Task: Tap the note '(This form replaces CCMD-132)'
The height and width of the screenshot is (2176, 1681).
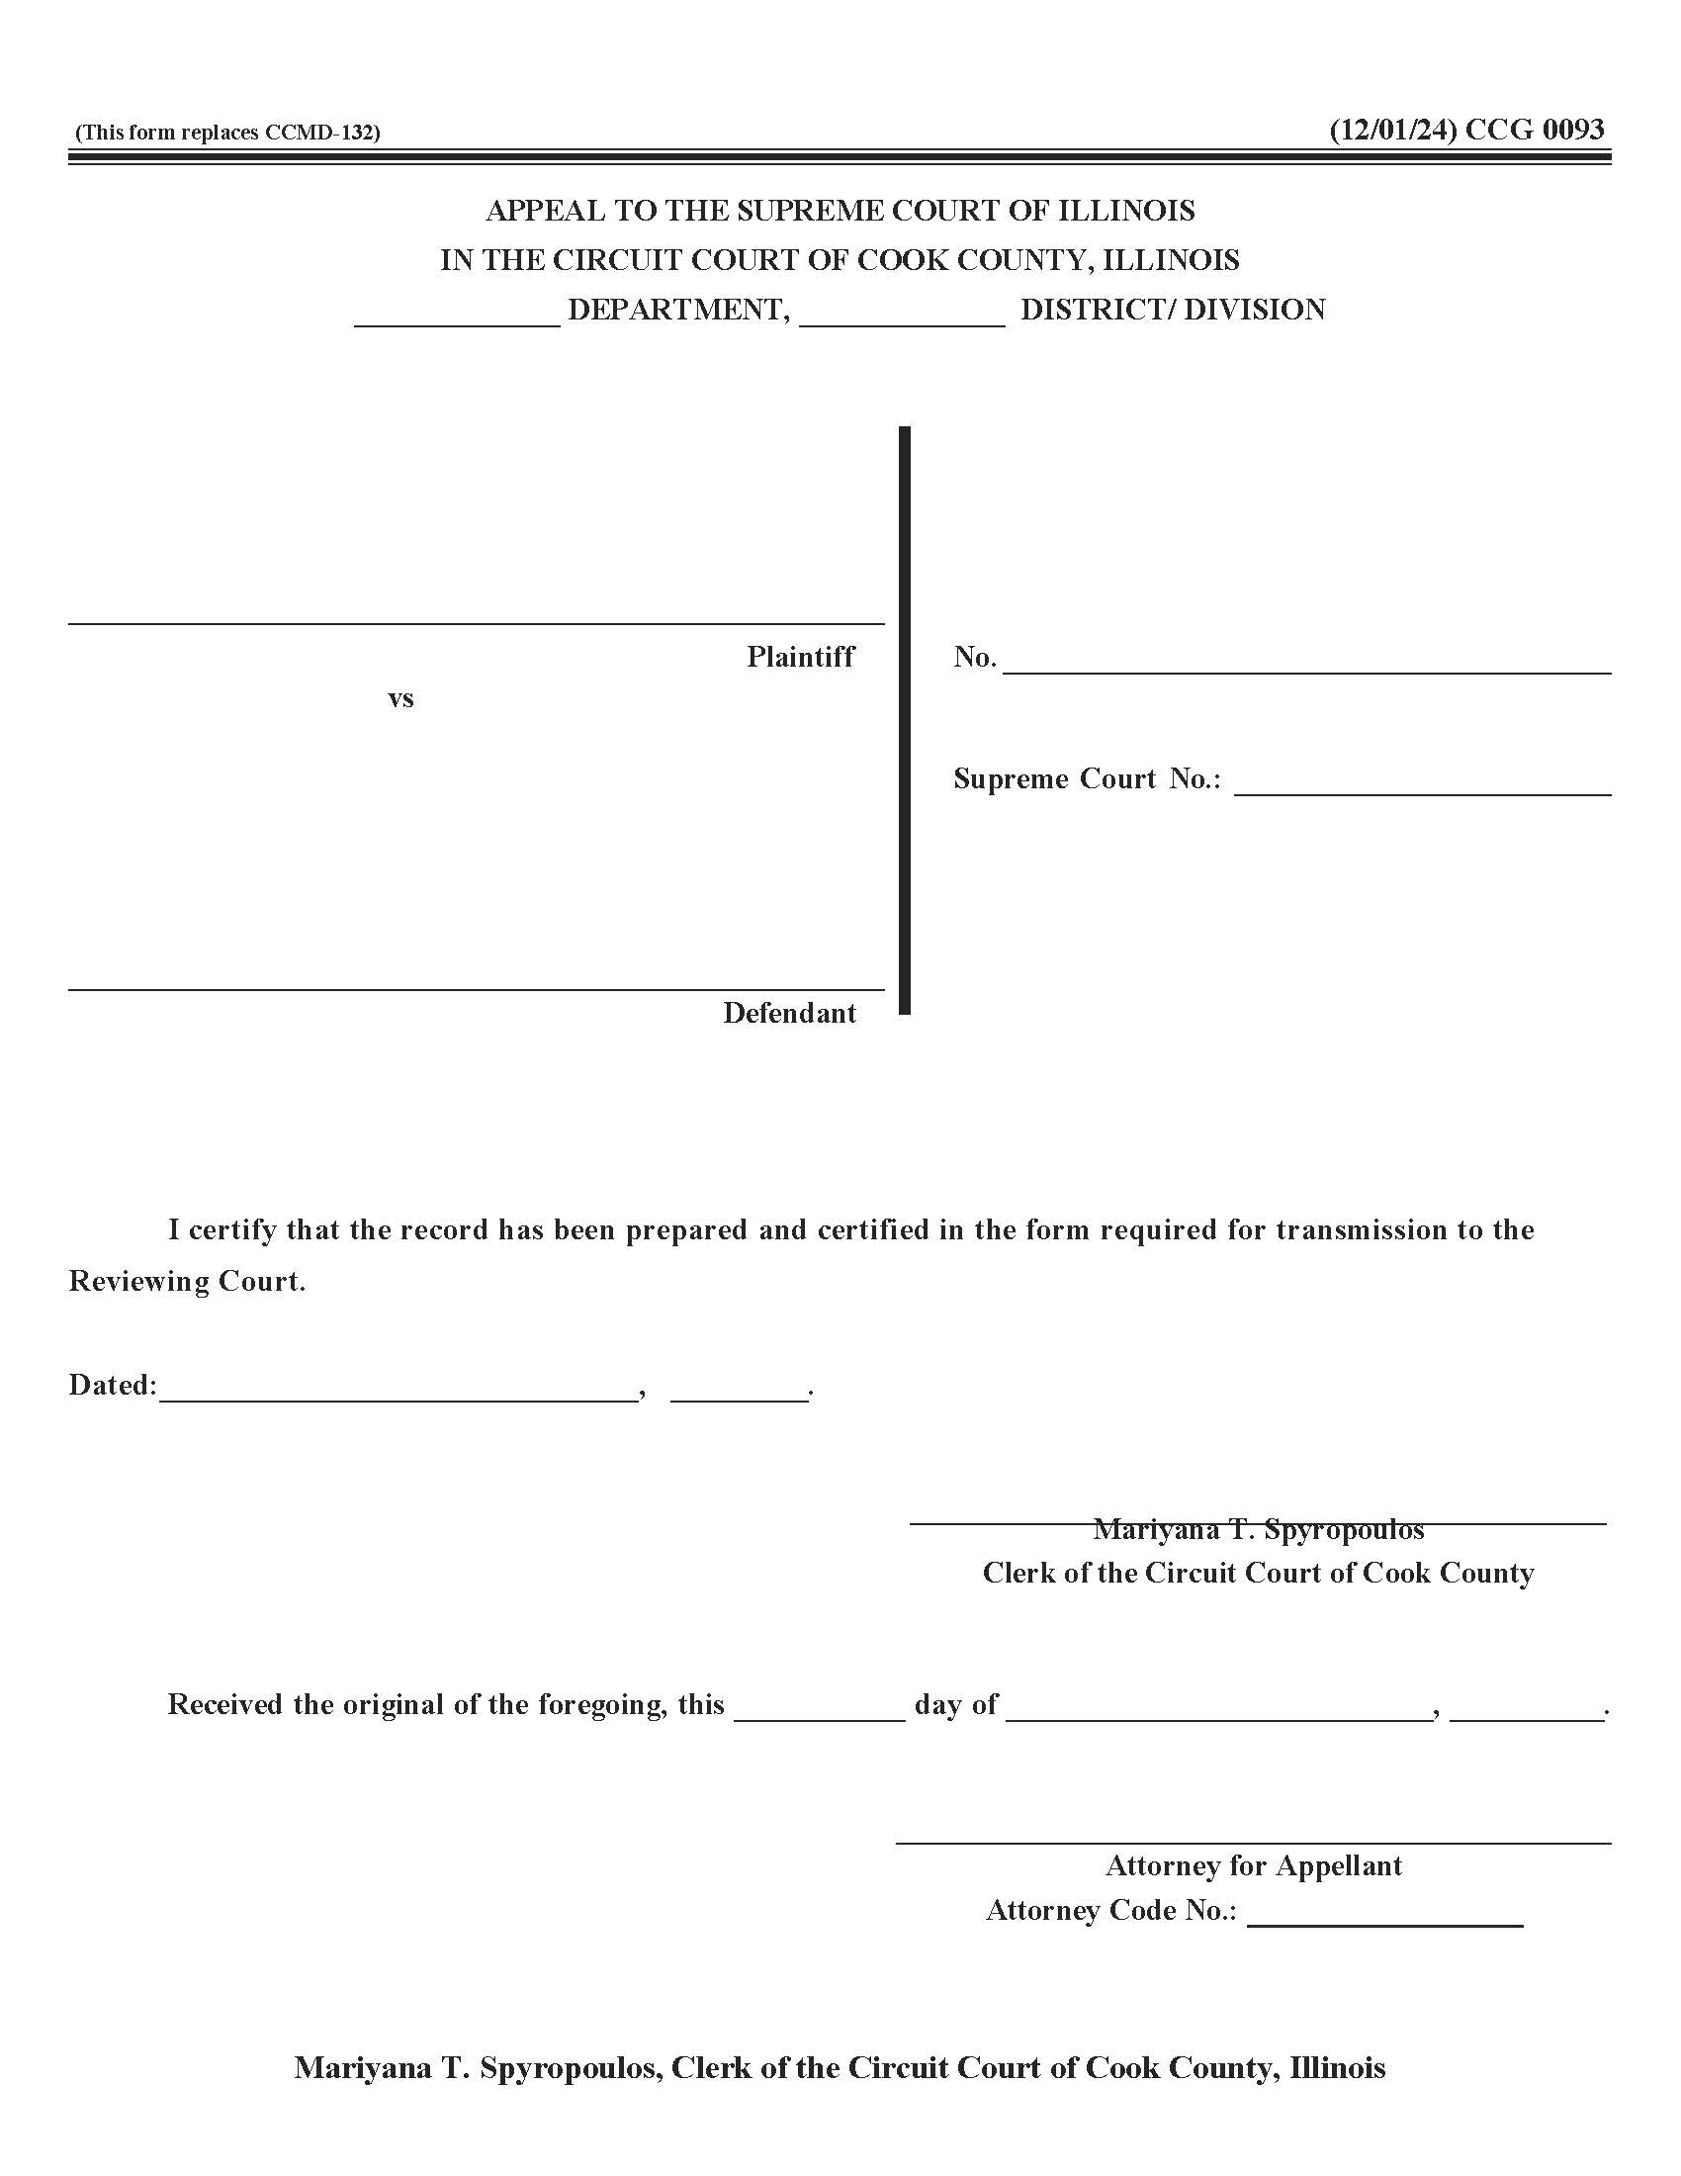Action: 227,133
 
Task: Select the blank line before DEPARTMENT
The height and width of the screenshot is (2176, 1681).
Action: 457,322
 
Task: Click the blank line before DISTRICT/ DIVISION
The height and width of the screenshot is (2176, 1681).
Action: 901,322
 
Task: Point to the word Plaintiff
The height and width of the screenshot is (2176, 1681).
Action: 800,657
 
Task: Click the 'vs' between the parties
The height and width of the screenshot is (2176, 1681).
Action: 400,698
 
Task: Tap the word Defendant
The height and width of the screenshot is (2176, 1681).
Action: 789,1013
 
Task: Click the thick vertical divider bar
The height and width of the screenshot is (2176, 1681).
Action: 904,719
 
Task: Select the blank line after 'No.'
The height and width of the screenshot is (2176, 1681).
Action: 1305,671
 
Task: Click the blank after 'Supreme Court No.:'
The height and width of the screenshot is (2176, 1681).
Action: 1422,792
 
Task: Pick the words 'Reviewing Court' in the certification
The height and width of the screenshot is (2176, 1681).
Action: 184,1281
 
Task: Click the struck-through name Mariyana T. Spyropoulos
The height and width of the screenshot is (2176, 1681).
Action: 1258,1528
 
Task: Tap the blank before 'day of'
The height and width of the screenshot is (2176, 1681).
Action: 820,1718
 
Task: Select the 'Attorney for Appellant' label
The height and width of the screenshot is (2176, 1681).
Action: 1253,1865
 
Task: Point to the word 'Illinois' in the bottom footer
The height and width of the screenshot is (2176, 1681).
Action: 1337,2068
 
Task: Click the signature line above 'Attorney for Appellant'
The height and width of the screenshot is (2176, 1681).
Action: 1253,1843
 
